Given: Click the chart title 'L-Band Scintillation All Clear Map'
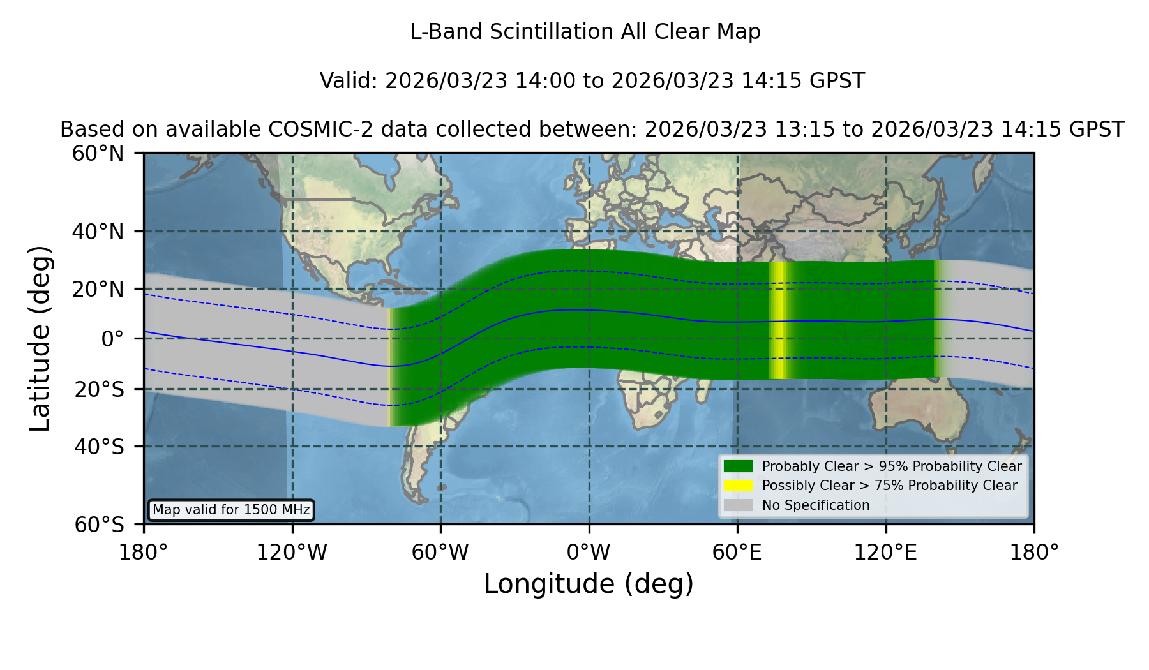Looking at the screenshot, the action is click(x=585, y=32).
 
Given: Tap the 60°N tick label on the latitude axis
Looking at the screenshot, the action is click(x=98, y=154).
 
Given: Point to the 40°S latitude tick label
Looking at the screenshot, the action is click(x=99, y=447).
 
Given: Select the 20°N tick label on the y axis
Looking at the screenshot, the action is click(x=98, y=289).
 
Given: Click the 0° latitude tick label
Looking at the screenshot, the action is click(x=112, y=339).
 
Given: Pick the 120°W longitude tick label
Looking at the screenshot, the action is click(x=292, y=553).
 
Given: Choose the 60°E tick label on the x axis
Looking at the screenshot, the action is click(x=737, y=553).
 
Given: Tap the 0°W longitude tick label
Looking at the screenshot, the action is click(x=589, y=553).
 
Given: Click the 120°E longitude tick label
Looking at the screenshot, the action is click(x=885, y=553).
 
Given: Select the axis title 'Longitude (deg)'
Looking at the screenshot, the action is click(x=589, y=584).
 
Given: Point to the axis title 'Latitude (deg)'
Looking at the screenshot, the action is click(x=40, y=338).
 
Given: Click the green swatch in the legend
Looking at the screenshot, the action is click(x=738, y=466).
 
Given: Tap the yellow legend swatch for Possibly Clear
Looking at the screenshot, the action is click(x=738, y=486).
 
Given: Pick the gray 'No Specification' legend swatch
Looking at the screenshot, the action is click(x=738, y=505).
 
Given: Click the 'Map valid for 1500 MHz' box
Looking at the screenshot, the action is click(x=231, y=510).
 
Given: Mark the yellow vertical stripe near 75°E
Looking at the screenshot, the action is click(x=777, y=320).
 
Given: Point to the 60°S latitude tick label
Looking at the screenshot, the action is click(x=99, y=525).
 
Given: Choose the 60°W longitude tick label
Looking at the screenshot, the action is click(x=440, y=553).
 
